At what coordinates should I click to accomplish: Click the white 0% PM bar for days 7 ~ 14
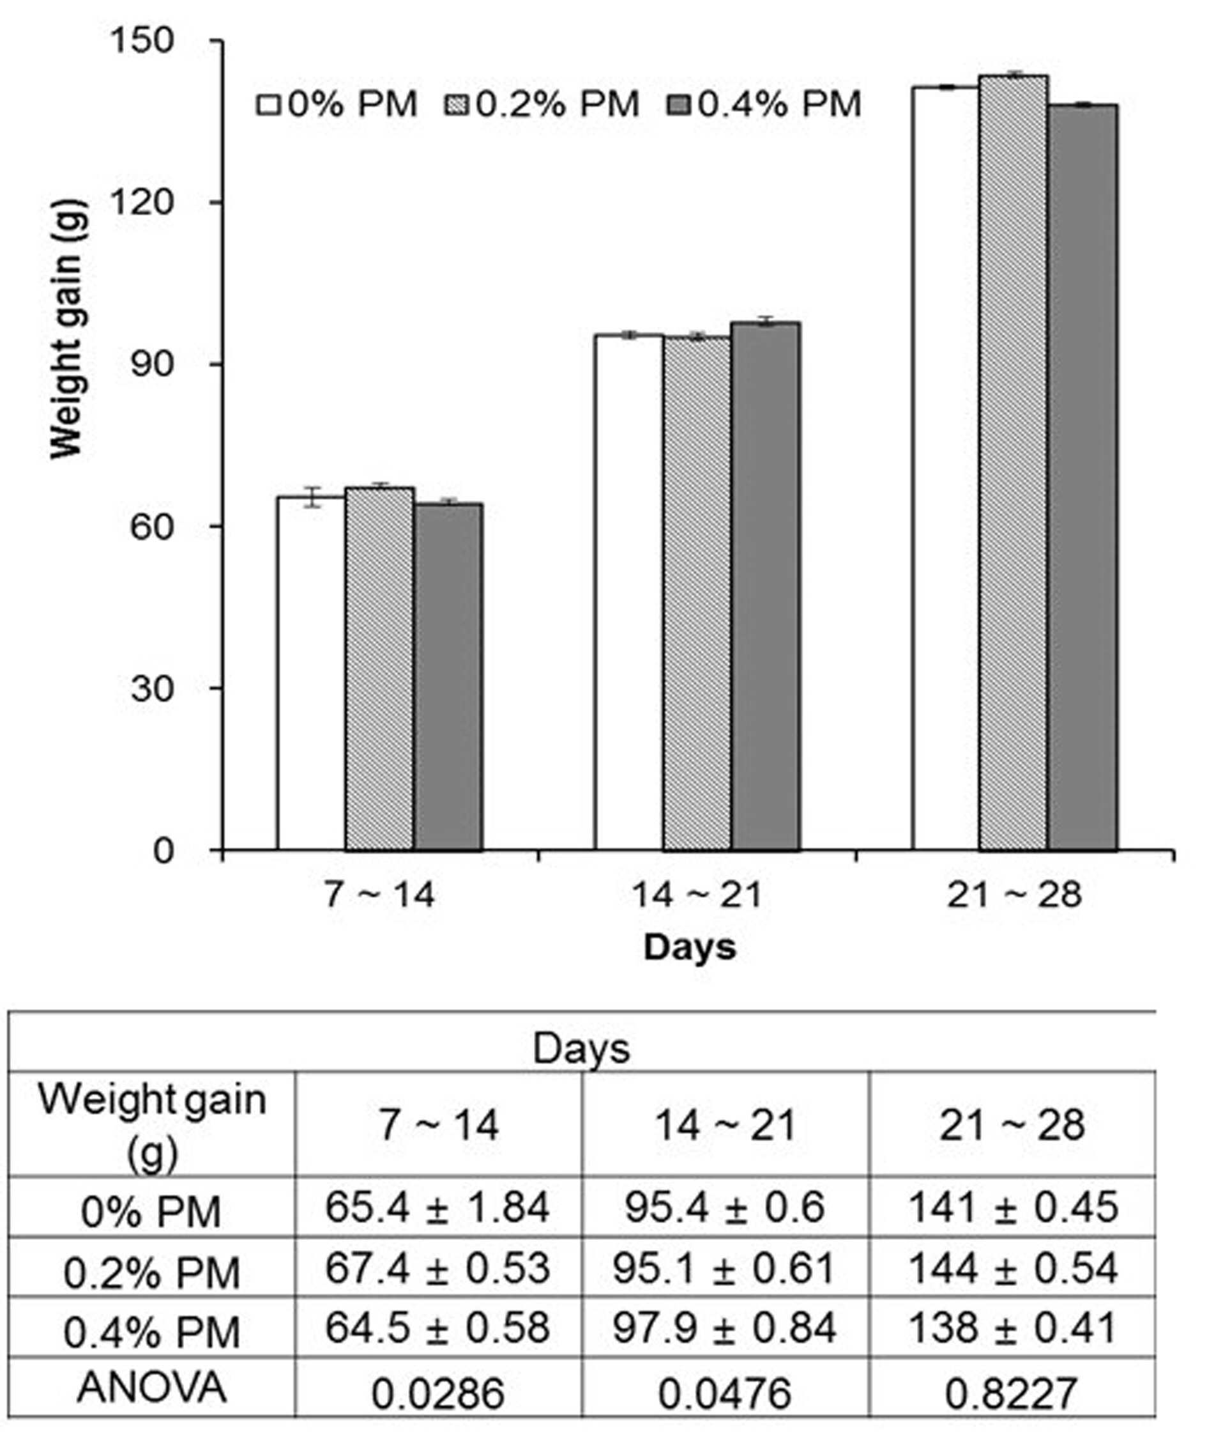(311, 672)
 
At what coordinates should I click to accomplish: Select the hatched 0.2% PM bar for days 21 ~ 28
(1013, 463)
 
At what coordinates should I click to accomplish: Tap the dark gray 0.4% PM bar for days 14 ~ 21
(766, 586)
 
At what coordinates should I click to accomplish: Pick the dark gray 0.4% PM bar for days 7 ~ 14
(448, 677)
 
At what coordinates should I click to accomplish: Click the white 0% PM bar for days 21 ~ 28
(946, 469)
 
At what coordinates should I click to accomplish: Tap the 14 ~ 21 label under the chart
(696, 894)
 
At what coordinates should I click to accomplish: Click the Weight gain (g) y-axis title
(67, 329)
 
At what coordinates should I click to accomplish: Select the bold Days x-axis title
(690, 947)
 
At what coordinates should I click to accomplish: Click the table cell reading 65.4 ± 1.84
(438, 1207)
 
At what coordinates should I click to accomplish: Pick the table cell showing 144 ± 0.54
(1012, 1268)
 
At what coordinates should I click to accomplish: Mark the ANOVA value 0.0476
(724, 1393)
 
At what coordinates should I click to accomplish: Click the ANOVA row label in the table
(152, 1388)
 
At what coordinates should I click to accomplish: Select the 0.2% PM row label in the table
(152, 1273)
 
